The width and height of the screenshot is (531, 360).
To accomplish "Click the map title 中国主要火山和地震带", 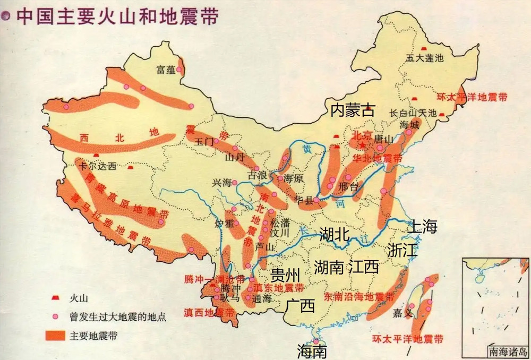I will (x=117, y=15).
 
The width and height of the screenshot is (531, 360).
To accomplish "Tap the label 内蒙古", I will (x=353, y=110).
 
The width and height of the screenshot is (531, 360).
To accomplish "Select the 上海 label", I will (x=422, y=227).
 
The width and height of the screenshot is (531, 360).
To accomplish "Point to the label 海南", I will (x=312, y=350).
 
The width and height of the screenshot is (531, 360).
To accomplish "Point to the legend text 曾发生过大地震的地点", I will (x=111, y=317).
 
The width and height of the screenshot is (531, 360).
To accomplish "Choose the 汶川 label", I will (x=279, y=233).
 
